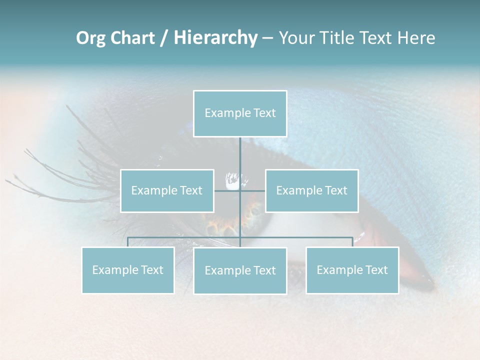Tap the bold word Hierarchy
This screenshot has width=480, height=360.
tap(215, 38)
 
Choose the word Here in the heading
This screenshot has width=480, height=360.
tap(416, 38)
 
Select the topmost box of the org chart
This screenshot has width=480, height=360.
tap(240, 113)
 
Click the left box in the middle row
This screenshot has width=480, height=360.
tap(167, 190)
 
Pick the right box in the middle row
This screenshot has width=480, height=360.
tap(311, 190)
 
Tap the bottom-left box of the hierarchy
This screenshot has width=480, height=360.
tap(128, 270)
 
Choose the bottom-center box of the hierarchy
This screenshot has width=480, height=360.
tap(240, 270)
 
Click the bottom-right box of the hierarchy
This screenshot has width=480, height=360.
tap(352, 270)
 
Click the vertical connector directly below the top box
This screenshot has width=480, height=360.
tap(240, 152)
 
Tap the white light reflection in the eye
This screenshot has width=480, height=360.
tap(234, 180)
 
